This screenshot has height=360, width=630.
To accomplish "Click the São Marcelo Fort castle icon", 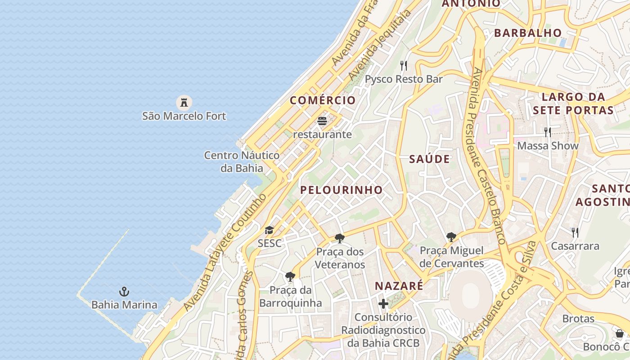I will pos(184,103).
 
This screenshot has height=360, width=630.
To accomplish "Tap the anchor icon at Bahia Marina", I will pos(124,292).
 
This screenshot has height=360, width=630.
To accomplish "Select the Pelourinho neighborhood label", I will pos(341,190).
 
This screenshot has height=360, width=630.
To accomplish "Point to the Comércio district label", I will pos(323,100).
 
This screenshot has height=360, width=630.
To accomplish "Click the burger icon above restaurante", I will pos(322,121).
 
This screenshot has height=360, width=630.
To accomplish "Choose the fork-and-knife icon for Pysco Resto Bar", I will pos(404,66).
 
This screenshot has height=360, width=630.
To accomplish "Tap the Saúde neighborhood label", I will pos(429,159).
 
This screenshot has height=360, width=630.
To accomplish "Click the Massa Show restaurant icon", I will pos(548,132).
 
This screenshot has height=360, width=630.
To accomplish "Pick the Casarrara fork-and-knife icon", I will pos(575,233).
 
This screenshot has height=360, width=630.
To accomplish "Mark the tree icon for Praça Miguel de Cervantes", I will pos(451,237).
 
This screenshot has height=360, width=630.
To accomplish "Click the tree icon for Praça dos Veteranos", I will pos(340,238).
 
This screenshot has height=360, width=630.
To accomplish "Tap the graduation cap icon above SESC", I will pos(269,230).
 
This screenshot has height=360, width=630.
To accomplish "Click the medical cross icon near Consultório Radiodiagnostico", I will pos(383,304).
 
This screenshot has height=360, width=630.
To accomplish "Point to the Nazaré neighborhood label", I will pos(399,286).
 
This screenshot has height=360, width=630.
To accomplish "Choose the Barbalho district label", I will pos(528,33).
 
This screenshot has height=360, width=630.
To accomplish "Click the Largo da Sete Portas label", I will pos(573,103).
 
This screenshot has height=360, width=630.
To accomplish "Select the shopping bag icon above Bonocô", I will pos(620,333).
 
